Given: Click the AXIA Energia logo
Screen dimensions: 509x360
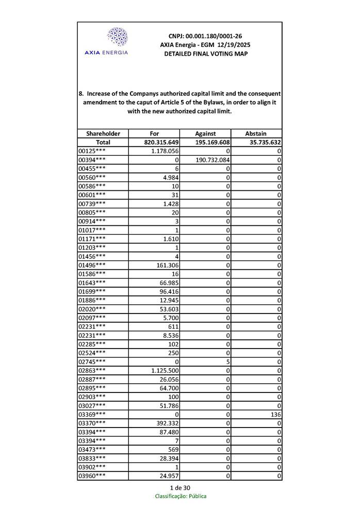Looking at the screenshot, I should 117,41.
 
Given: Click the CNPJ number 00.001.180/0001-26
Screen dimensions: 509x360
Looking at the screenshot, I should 205,36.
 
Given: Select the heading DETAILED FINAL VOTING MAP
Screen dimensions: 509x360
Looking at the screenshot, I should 205,54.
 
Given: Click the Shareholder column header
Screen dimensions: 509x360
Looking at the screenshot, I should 103,133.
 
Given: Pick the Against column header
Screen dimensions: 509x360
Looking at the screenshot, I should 205,133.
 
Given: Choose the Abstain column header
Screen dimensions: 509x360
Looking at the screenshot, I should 256,133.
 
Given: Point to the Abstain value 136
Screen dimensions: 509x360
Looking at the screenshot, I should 276,414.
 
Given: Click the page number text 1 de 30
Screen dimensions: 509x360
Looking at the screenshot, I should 180,487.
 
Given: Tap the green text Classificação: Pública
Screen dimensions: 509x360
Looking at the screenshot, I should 181,496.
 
